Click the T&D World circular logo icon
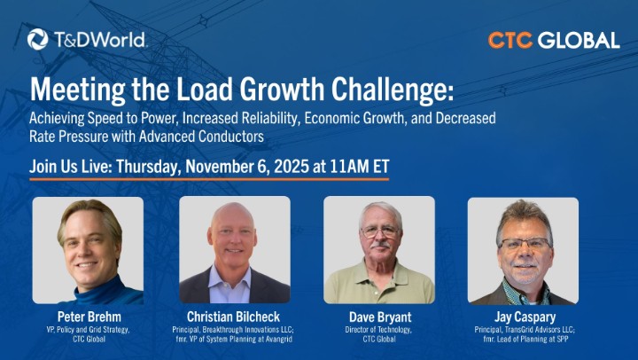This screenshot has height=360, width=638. point(38,40)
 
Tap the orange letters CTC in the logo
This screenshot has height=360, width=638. point(510,40)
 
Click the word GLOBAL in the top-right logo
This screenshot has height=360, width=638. point(579,40)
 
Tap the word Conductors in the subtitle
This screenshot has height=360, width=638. point(231,136)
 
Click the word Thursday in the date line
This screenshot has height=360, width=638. point(148,167)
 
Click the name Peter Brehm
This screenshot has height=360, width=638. point(89,317)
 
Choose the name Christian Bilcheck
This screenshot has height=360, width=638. point(234,317)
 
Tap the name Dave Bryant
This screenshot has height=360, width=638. point(380,317)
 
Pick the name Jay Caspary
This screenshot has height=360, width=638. point(525,317)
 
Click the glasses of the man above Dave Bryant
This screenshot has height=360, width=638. point(380,231)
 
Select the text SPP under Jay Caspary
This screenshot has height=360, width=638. point(562,339)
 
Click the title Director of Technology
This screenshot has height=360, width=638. point(378,330)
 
